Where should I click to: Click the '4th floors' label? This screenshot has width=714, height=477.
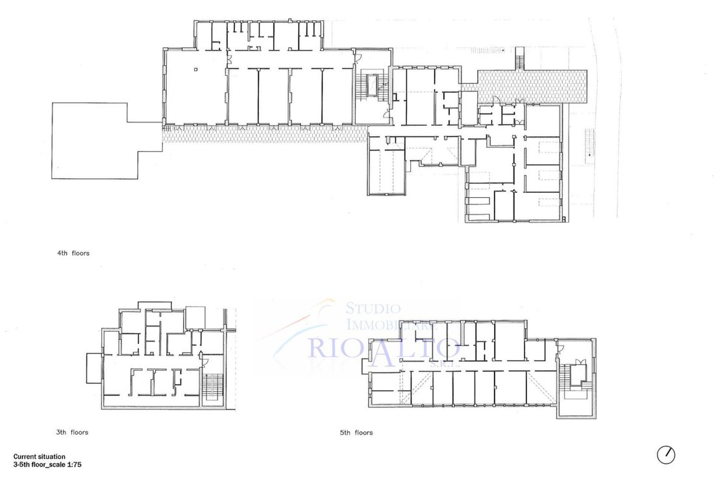[73, 253]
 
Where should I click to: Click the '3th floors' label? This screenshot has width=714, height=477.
[72, 432]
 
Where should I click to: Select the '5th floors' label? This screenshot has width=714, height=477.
[356, 432]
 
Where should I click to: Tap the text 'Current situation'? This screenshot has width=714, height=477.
[39, 456]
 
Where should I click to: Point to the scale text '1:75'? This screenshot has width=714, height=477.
[74, 465]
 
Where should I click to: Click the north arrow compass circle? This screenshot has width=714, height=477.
[666, 455]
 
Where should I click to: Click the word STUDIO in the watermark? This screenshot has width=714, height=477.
[373, 309]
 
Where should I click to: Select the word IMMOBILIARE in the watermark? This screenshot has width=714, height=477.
[392, 324]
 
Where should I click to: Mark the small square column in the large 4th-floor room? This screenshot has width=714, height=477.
[196, 69]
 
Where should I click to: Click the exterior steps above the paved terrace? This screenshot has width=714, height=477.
[519, 58]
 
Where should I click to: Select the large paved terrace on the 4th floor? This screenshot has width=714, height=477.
[532, 86]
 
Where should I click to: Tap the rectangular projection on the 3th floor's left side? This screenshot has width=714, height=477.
[94, 368]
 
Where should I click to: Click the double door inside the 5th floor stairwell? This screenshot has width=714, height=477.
[580, 362]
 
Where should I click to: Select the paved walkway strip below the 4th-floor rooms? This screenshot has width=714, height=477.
[265, 134]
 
